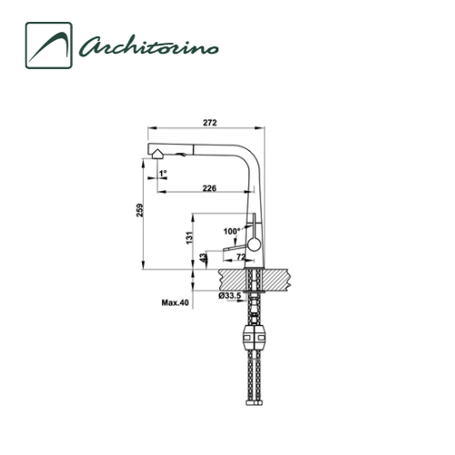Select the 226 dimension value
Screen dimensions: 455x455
click(x=208, y=188)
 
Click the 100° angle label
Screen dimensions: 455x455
click(x=231, y=231)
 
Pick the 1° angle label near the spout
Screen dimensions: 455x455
click(x=163, y=173)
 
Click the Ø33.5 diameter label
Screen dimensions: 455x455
click(x=228, y=296)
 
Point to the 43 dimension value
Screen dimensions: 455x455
click(x=201, y=258)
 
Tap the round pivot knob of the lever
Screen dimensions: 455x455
click(x=254, y=244)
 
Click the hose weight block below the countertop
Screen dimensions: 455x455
click(x=254, y=340)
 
